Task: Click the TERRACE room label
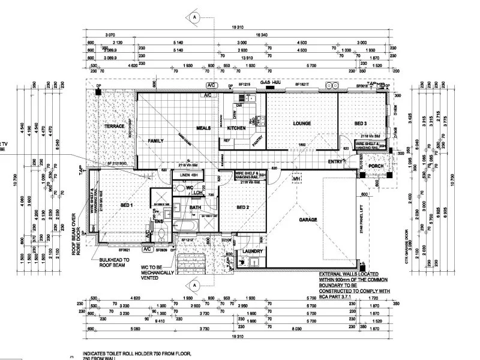pyautogui.click(x=114, y=127)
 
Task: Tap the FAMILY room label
pyautogui.click(x=156, y=140)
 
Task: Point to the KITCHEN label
pyautogui.click(x=236, y=129)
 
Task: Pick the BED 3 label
pyautogui.click(x=360, y=124)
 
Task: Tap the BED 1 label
pyautogui.click(x=127, y=205)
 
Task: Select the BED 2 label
pyautogui.click(x=242, y=208)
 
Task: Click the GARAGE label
pyautogui.click(x=308, y=220)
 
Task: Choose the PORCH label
pyautogui.click(x=376, y=166)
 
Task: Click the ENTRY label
pyautogui.click(x=335, y=161)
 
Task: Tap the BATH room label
pyautogui.click(x=195, y=208)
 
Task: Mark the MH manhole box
pyautogui.click(x=296, y=178)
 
